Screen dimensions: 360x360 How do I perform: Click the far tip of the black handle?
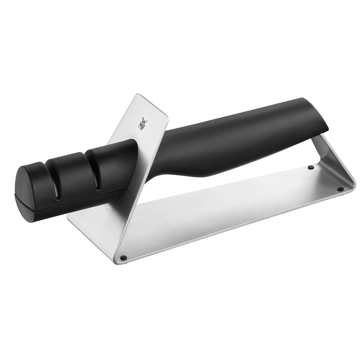(322, 115)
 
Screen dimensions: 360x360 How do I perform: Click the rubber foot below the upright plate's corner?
(123, 257)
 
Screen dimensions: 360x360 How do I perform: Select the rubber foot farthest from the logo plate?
(340, 189)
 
